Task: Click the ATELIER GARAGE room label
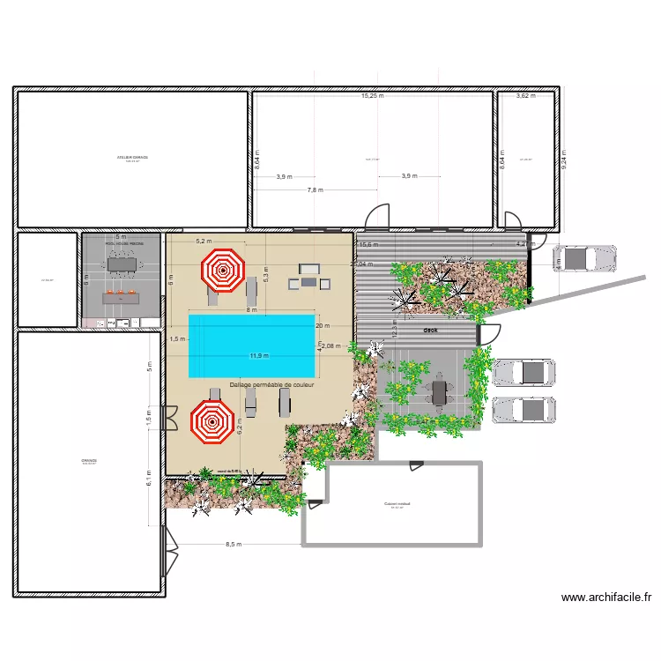pos(132,158)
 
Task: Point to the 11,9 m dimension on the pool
pos(259,356)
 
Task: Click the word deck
pos(430,330)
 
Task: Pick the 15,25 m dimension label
pos(373,95)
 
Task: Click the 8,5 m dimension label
pos(234,545)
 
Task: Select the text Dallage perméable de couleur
pos(272,385)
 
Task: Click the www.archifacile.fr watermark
pos(607,597)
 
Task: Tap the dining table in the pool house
pos(121,263)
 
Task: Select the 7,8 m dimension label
pos(315,189)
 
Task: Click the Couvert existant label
pos(397,504)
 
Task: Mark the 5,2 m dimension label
pos(204,241)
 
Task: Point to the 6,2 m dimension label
pos(239,427)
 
